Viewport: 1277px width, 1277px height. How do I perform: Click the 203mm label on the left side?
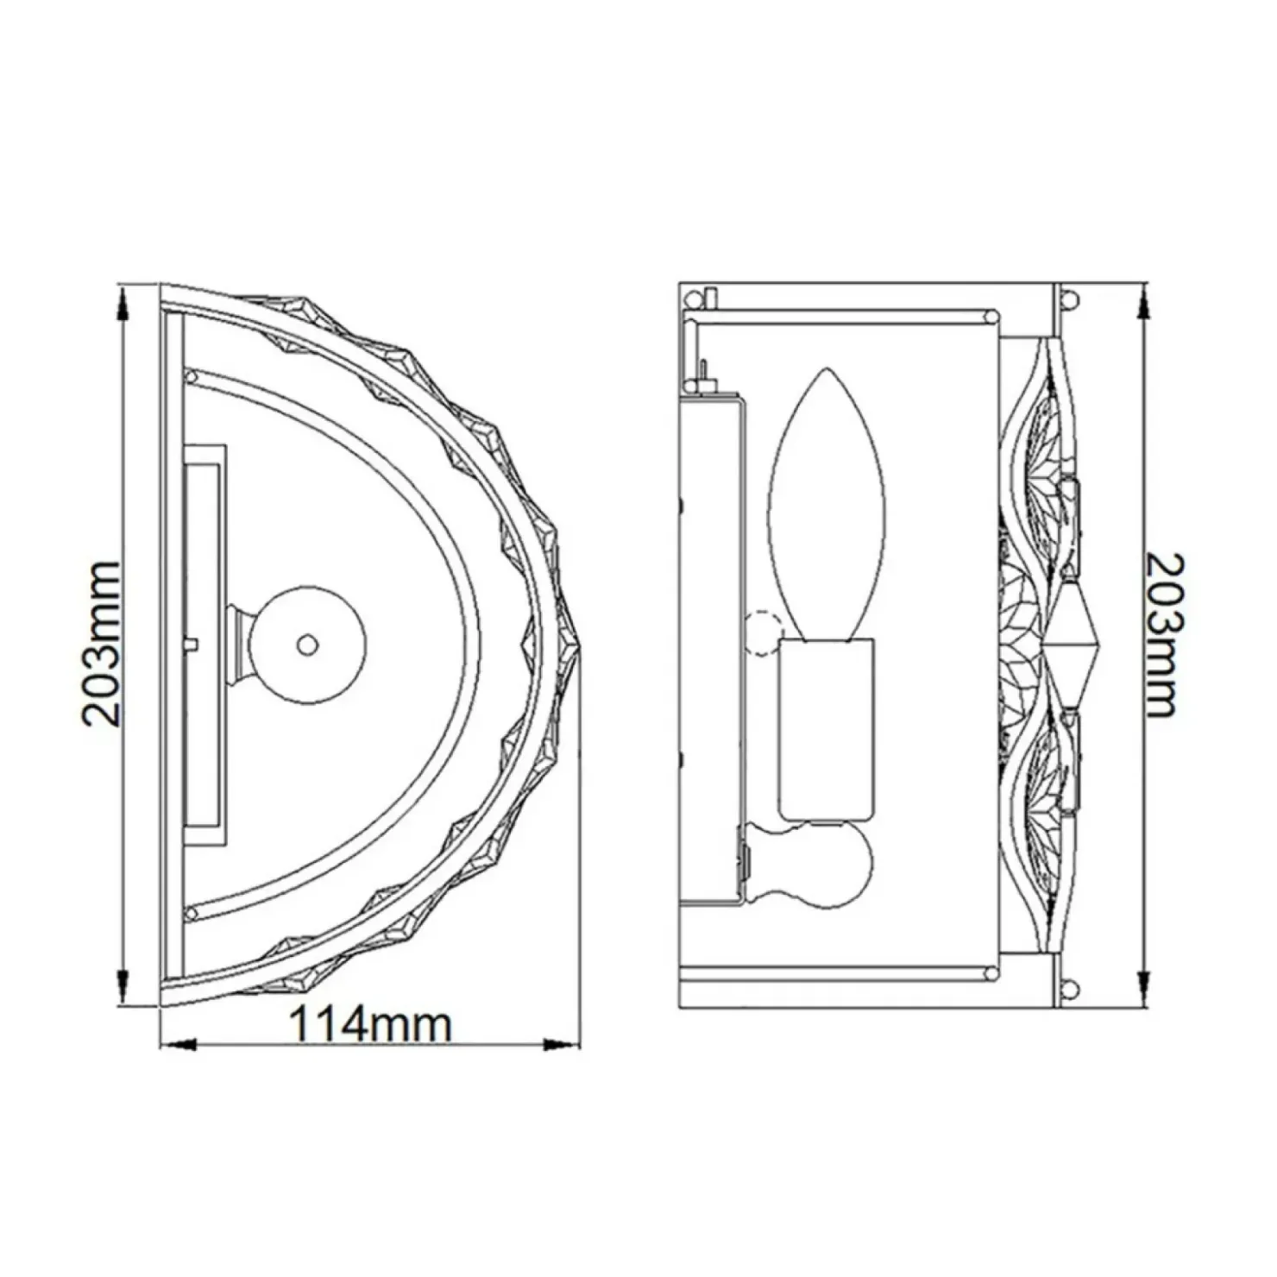(100, 643)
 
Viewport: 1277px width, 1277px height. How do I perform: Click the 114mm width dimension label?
(370, 1026)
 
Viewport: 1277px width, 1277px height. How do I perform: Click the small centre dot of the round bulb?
(306, 644)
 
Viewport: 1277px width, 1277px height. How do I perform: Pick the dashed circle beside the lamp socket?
(761, 635)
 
